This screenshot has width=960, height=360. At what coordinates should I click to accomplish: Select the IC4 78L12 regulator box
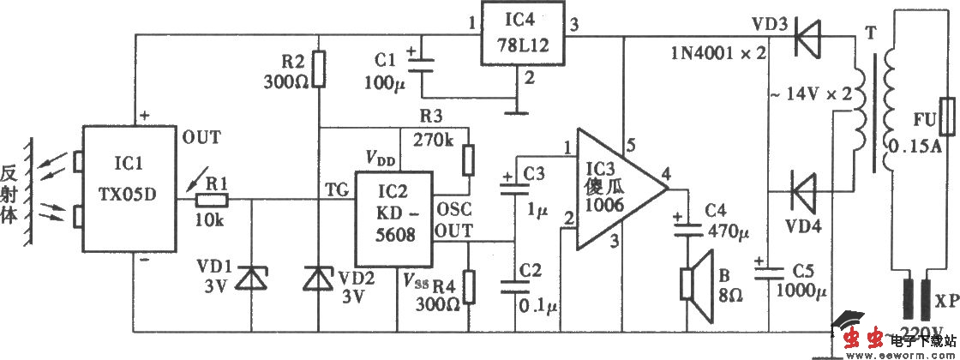521,34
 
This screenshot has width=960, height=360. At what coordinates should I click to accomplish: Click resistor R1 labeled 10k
212,200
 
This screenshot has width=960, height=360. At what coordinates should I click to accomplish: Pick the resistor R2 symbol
319,69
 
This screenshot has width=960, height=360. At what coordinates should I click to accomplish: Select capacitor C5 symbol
769,273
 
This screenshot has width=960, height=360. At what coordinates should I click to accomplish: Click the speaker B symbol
693,283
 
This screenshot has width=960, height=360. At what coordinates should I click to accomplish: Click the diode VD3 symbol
804,36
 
